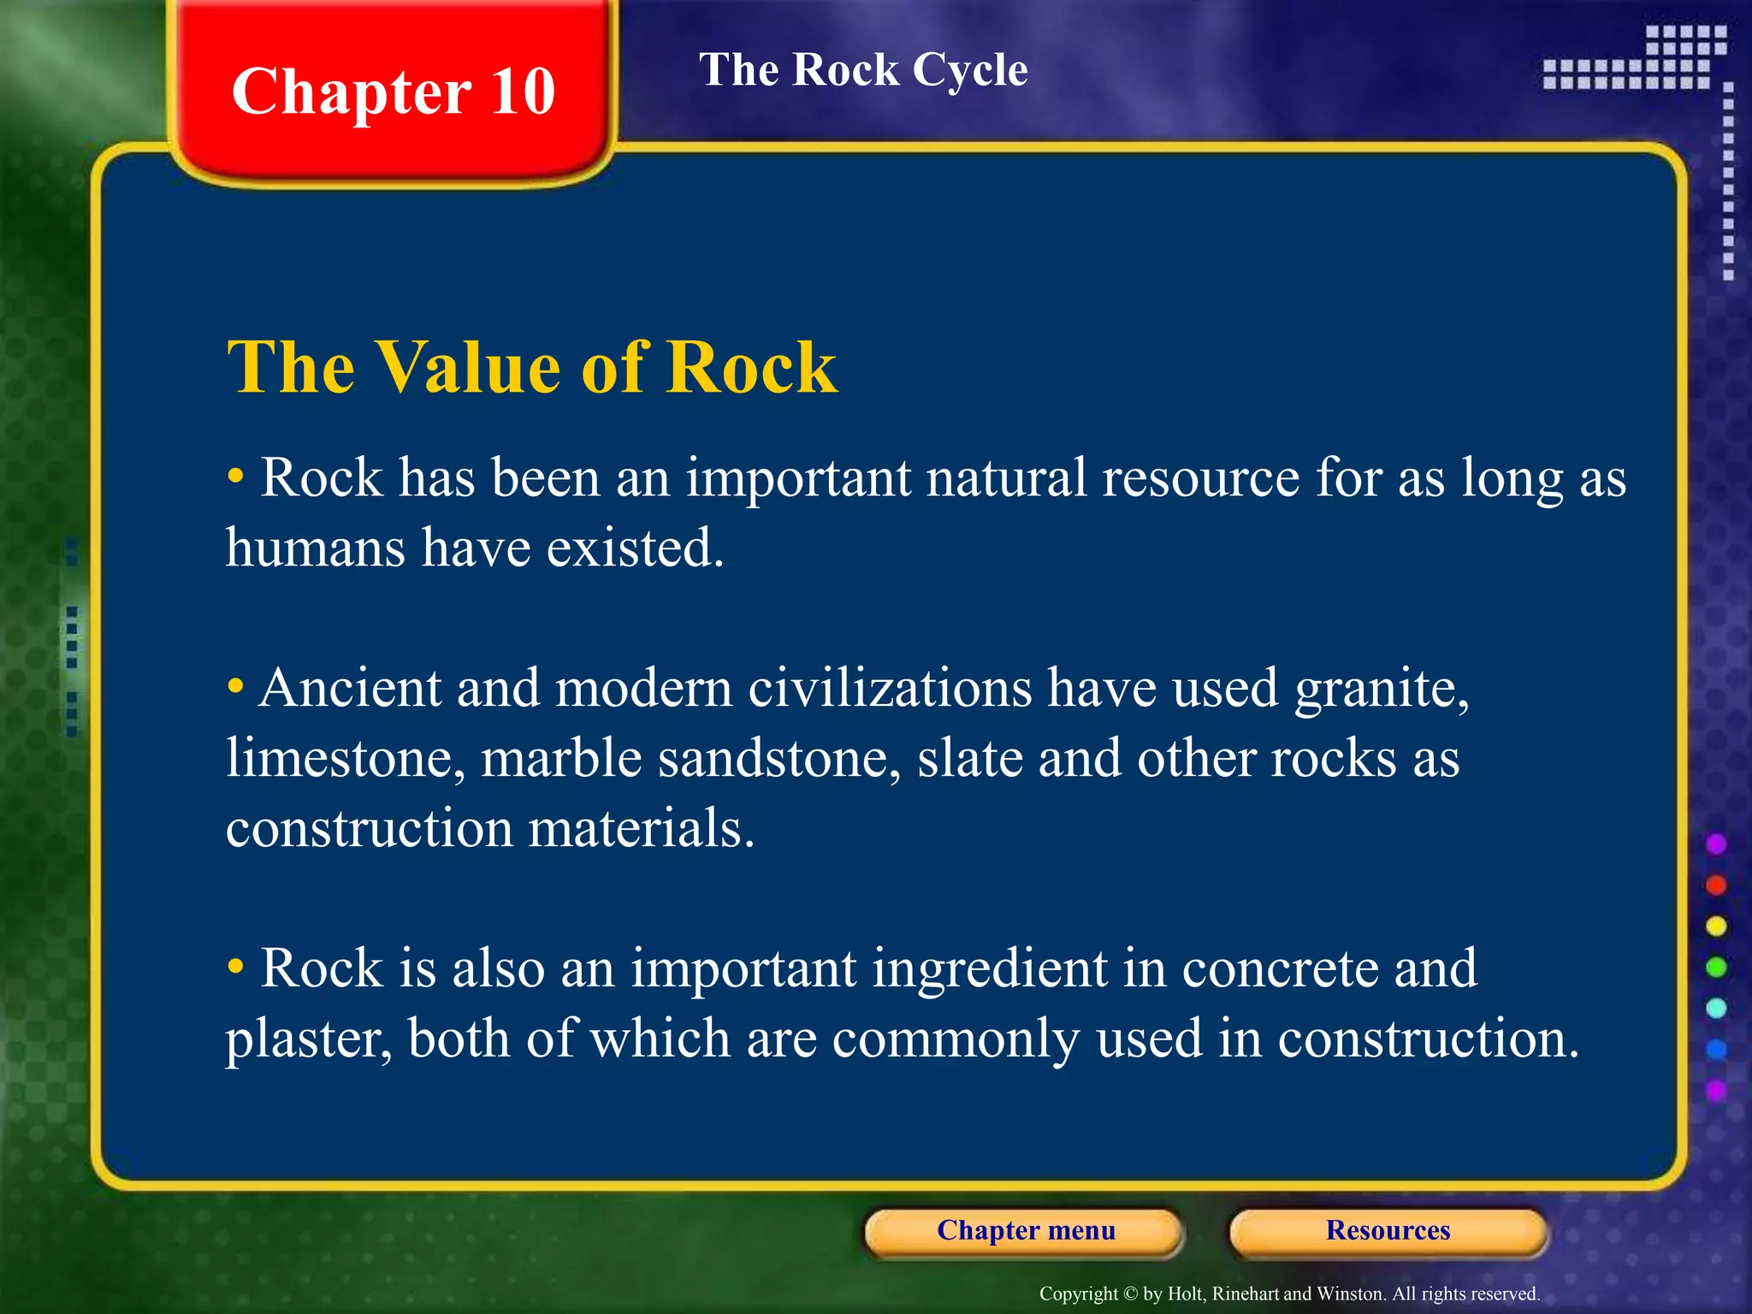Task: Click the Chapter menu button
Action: click(x=1025, y=1230)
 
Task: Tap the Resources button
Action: click(x=1388, y=1230)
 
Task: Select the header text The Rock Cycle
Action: click(x=863, y=69)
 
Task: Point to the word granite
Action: click(x=1381, y=688)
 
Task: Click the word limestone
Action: click(x=346, y=758)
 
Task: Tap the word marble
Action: click(x=561, y=758)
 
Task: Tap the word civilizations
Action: click(x=890, y=688)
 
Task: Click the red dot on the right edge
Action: click(x=1716, y=885)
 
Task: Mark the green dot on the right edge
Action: click(x=1716, y=968)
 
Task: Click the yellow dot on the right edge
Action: click(x=1716, y=926)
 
